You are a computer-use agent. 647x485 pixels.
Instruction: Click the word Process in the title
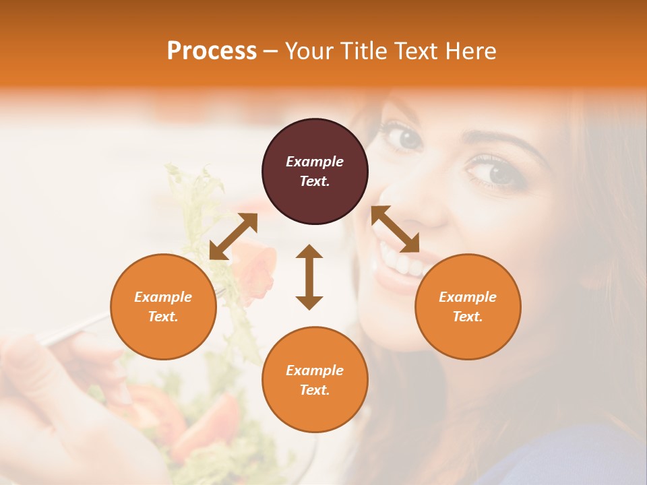[212, 51]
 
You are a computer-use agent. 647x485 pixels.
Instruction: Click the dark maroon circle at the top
[315, 172]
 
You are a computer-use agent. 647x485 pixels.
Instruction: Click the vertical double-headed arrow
[309, 277]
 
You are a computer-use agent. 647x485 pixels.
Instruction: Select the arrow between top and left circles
[233, 236]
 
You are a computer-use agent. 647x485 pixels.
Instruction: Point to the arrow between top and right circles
[396, 229]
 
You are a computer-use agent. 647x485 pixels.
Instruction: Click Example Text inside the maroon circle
[315, 171]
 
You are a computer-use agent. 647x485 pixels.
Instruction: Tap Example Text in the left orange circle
[163, 306]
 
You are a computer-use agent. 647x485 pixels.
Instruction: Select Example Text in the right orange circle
[468, 306]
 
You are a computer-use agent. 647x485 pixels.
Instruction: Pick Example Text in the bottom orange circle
[315, 380]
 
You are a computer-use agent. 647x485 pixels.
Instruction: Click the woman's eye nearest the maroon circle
[407, 138]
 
